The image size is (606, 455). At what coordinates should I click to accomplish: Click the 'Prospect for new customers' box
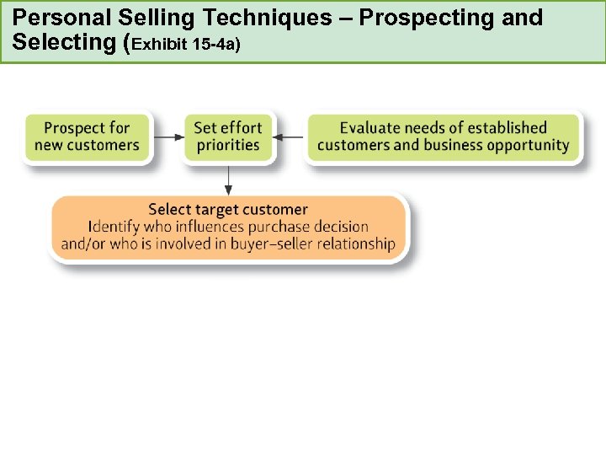click(x=87, y=136)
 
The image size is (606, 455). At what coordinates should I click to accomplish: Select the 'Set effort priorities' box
click(x=227, y=136)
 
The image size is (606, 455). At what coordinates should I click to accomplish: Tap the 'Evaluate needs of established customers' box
click(x=443, y=136)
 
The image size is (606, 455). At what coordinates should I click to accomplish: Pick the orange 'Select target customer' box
click(x=227, y=227)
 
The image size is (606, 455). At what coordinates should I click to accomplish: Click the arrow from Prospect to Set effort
click(x=168, y=136)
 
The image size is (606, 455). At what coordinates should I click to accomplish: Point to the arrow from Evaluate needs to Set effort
click(x=290, y=136)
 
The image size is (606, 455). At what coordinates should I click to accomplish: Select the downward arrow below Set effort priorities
click(x=228, y=179)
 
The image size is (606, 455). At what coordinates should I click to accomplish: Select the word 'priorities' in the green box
click(x=227, y=145)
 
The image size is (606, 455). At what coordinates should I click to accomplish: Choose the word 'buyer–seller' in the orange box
click(x=262, y=244)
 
